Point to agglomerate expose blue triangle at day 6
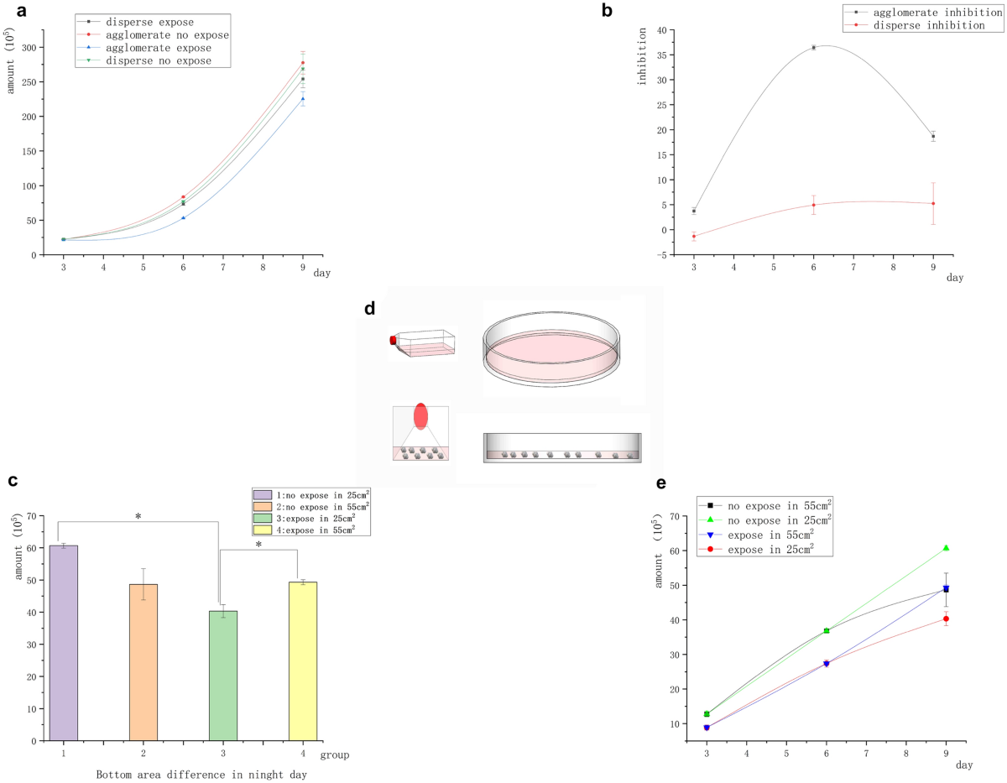[183, 217]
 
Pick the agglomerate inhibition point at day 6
[813, 48]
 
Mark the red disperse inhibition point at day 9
[932, 203]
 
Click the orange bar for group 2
[143, 662]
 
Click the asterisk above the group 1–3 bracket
[138, 517]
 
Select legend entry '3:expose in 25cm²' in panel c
[310, 518]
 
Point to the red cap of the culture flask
[393, 340]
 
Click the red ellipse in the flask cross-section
[420, 417]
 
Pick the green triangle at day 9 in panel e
[946, 548]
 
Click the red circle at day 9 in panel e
[946, 619]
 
